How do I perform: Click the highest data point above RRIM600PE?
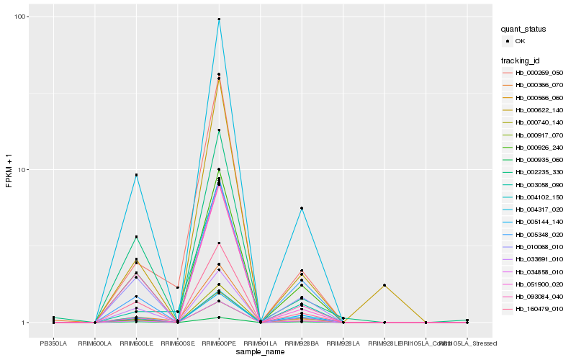pos(219,19)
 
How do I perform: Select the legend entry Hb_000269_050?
pos(539,73)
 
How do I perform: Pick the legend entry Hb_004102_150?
pos(539,197)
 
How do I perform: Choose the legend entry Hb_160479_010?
pos(539,309)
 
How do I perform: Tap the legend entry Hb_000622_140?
pos(539,110)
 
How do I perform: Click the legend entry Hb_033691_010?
pos(539,259)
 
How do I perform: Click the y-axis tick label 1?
pos(27,323)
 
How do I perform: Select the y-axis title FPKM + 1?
pos(9,170)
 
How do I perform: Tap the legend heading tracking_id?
pos(521,60)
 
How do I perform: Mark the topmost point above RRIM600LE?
pos(136,175)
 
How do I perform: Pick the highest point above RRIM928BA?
pos(302,208)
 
